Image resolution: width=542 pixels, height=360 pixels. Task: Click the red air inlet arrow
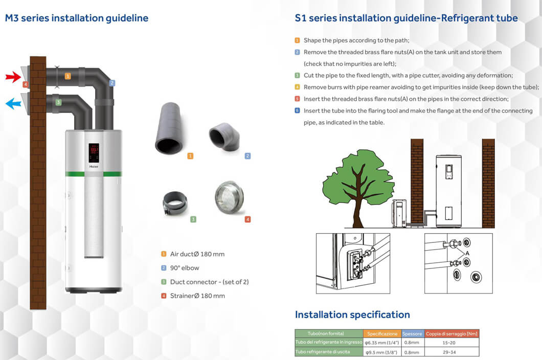(13, 77)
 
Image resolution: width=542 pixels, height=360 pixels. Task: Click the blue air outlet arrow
(13, 103)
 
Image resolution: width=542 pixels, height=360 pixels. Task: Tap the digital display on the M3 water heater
(94, 153)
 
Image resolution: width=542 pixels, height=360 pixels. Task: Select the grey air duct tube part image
(169, 128)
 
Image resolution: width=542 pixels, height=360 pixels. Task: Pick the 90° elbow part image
(224, 137)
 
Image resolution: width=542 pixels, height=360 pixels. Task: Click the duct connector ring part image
(175, 204)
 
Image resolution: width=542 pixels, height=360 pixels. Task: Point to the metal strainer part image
(229, 197)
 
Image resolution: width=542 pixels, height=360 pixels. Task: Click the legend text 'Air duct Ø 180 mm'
(197, 254)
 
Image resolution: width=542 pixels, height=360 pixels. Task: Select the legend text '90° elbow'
(185, 268)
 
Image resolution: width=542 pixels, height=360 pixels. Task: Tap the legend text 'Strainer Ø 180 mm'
(197, 296)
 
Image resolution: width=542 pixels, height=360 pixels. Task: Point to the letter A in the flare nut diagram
(467, 254)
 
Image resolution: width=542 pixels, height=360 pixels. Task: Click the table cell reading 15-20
(448, 343)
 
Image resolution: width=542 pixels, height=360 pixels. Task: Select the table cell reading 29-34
(448, 352)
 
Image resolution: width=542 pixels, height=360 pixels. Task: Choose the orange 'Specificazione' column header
(382, 334)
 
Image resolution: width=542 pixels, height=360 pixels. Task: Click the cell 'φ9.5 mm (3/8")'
(382, 352)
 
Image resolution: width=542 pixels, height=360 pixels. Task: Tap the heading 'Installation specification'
(352, 314)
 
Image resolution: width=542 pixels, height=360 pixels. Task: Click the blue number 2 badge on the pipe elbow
(112, 83)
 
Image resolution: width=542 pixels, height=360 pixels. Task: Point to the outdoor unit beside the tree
(400, 213)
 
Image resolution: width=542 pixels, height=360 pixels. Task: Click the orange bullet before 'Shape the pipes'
(297, 40)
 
